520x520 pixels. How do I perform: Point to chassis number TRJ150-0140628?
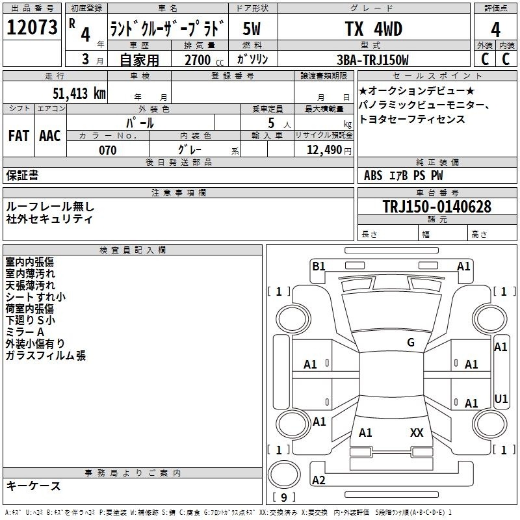pyautogui.click(x=437, y=207)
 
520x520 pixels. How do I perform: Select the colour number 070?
pyautogui.click(x=108, y=150)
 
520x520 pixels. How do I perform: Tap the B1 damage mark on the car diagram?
pyautogui.click(x=318, y=266)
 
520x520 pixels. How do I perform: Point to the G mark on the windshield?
pyautogui.click(x=411, y=343)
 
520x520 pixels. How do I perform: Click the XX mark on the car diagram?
pyautogui.click(x=417, y=432)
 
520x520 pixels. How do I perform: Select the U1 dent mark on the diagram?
pyautogui.click(x=501, y=398)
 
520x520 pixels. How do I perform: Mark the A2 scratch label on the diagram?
pyautogui.click(x=319, y=480)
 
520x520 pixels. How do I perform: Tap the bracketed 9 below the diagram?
pyautogui.click(x=284, y=497)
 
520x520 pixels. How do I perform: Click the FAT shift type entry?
pyautogui.click(x=19, y=135)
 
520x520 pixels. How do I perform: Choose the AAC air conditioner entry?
pyautogui.click(x=50, y=135)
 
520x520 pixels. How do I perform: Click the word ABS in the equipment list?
pyautogui.click(x=373, y=175)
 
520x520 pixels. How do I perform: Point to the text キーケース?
pyautogui.click(x=33, y=486)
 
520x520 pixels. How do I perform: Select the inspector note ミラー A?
pyautogui.click(x=25, y=332)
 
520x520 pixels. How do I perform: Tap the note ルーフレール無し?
pyautogui.click(x=50, y=207)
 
